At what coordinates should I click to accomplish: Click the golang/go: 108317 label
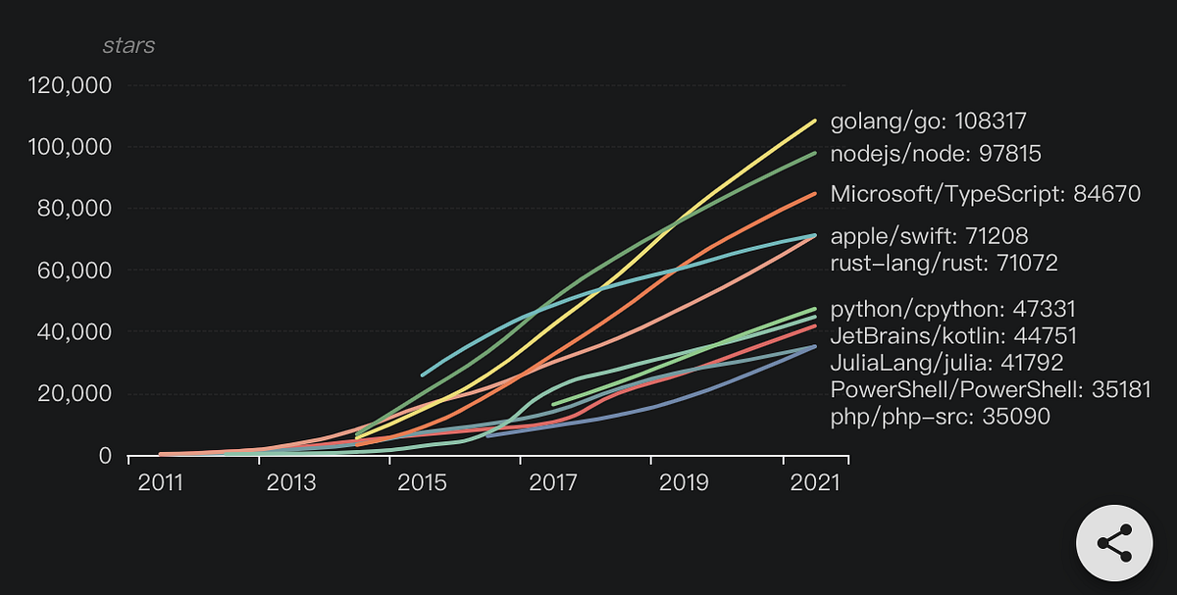(x=928, y=122)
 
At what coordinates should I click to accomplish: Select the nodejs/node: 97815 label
(x=936, y=154)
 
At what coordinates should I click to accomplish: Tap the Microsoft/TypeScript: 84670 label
(x=985, y=194)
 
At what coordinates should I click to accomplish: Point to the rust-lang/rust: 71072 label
(x=944, y=263)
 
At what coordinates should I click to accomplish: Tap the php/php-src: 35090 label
(x=940, y=417)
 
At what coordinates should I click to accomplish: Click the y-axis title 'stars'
(x=128, y=45)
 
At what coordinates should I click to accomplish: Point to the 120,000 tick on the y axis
(x=70, y=85)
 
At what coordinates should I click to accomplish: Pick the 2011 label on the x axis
(x=160, y=483)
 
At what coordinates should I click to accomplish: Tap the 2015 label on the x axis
(x=423, y=483)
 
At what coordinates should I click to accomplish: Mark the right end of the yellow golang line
(x=815, y=121)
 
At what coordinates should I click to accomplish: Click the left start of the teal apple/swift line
(x=423, y=374)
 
